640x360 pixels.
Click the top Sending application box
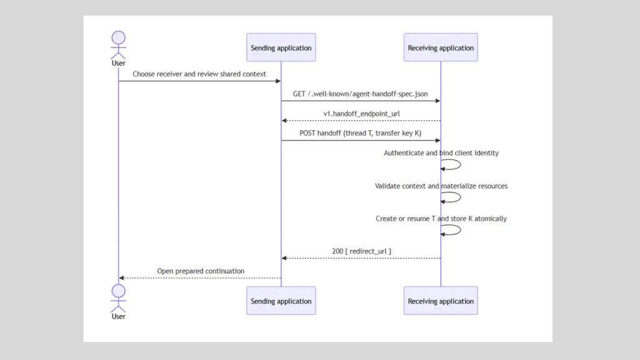[x=281, y=47]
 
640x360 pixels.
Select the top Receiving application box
[x=441, y=47]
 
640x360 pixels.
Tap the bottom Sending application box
[x=281, y=301]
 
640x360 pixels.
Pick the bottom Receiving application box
[x=441, y=301]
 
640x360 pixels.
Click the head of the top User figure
[x=118, y=37]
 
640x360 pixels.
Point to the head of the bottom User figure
[x=118, y=291]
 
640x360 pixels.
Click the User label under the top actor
[x=118, y=63]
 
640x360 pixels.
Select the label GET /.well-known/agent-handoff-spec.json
[x=361, y=94]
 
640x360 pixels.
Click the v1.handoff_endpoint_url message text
[x=362, y=114]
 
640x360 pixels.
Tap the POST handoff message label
[x=361, y=133]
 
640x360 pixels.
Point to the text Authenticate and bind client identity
[x=441, y=153]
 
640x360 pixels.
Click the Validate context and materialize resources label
[x=441, y=186]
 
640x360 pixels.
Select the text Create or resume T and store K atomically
[x=441, y=218]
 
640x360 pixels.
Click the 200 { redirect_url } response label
[x=362, y=251]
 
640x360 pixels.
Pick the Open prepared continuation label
[x=201, y=271]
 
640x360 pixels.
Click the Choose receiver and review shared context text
[x=199, y=74]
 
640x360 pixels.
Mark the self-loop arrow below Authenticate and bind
[x=461, y=164]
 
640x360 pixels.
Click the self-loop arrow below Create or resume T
[x=461, y=230]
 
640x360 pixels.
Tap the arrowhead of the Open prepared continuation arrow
[x=121, y=278]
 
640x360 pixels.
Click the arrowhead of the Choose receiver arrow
[x=278, y=81]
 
